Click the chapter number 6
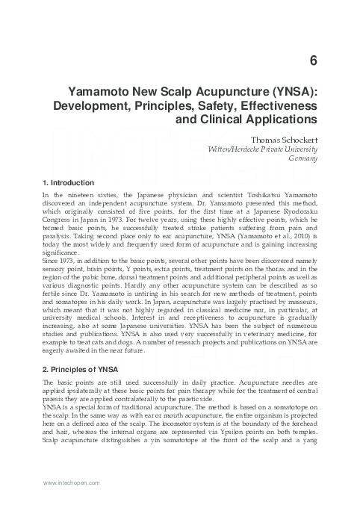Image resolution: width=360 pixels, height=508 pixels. (x=312, y=61)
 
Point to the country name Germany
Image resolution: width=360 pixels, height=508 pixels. (x=303, y=159)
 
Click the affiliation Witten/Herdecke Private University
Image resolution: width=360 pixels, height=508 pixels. (x=263, y=149)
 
